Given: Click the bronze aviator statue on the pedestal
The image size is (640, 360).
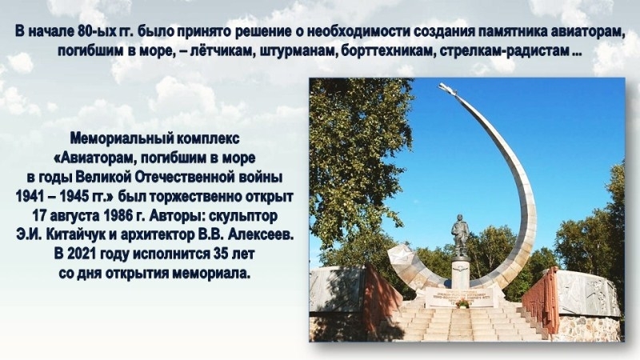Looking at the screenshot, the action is pyautogui.click(x=459, y=236).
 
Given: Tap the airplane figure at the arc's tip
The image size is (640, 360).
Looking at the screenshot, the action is pyautogui.click(x=449, y=90).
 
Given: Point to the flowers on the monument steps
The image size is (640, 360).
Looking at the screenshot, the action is pyautogui.click(x=462, y=303).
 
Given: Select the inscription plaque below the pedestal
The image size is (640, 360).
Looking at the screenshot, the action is pyautogui.click(x=459, y=297).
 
